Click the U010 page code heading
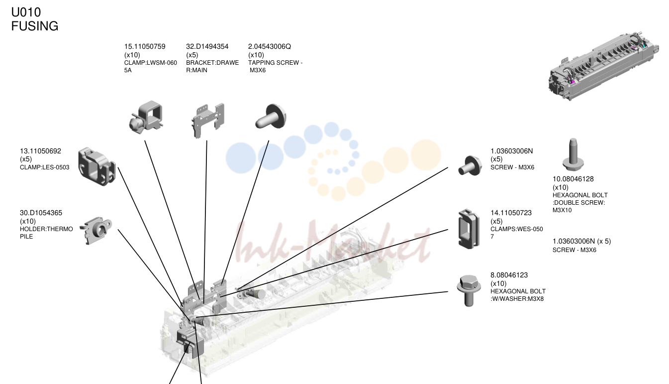(x=26, y=12)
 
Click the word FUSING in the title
(x=35, y=26)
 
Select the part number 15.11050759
(x=145, y=47)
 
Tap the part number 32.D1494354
(x=207, y=47)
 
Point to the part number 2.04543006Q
(x=270, y=47)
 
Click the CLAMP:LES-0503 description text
(x=44, y=167)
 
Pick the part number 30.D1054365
(x=41, y=213)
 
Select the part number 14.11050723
(x=511, y=213)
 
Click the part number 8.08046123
(x=509, y=275)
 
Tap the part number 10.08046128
(x=573, y=179)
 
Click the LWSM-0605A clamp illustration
(x=146, y=117)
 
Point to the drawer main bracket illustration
(x=208, y=121)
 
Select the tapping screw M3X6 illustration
(x=271, y=117)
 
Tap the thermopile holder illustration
(x=96, y=230)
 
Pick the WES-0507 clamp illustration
(x=469, y=229)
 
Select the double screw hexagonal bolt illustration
(x=573, y=154)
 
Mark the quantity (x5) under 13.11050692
(x=26, y=159)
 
